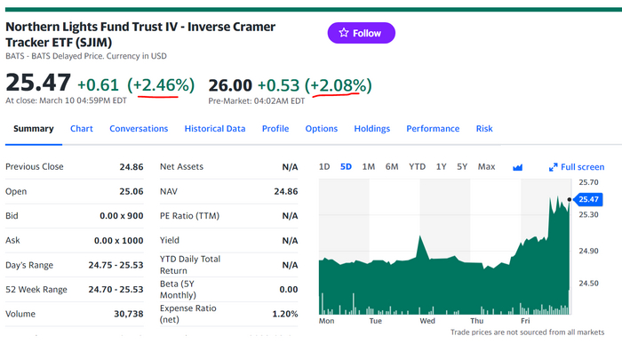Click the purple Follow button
point(361,33)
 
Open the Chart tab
point(82,129)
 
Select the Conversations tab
point(139,129)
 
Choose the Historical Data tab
point(215,129)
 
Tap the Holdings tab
point(372,129)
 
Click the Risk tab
point(484,129)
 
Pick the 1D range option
point(324,167)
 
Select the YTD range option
point(417,167)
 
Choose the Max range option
point(486,167)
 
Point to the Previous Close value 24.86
point(131,167)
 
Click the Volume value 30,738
point(126,314)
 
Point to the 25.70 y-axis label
point(588,182)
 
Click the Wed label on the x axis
point(426,321)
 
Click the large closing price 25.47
point(38,84)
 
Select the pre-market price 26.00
point(229,85)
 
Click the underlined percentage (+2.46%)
point(161,85)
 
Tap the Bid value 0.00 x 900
point(122,216)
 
